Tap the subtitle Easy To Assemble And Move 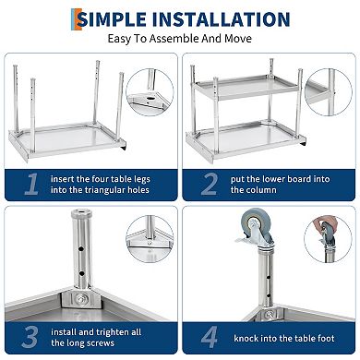click(x=180, y=41)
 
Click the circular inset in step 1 click(x=149, y=93)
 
